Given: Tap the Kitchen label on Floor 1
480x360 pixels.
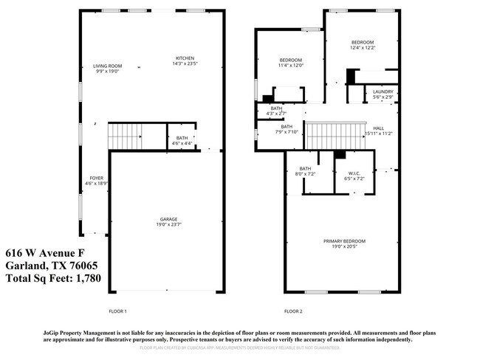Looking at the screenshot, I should click(x=185, y=61).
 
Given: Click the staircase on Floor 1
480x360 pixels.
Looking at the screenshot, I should click(x=124, y=136).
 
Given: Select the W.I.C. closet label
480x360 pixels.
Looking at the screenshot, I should click(x=354, y=175).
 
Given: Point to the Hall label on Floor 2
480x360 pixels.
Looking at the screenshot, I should click(x=378, y=131).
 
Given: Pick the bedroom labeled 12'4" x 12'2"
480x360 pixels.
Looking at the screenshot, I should click(x=362, y=45).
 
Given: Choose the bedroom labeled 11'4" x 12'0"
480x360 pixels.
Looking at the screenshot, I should click(x=291, y=62).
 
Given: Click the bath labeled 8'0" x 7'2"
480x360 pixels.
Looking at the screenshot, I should click(x=305, y=172).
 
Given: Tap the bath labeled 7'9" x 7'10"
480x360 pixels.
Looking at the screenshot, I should click(x=287, y=129).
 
